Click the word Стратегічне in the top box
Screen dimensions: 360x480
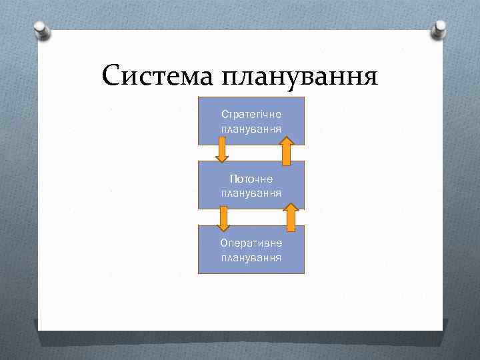(251, 115)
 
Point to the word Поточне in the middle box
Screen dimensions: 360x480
(251, 179)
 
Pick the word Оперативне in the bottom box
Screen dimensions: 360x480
(251, 243)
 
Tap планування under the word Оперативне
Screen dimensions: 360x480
(251, 257)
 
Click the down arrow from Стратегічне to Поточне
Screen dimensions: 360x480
(222, 150)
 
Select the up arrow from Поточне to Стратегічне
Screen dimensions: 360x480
(286, 151)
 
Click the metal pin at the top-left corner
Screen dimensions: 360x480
(41, 30)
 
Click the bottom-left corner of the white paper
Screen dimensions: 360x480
(39, 329)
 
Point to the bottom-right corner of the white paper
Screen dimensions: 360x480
(441, 329)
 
